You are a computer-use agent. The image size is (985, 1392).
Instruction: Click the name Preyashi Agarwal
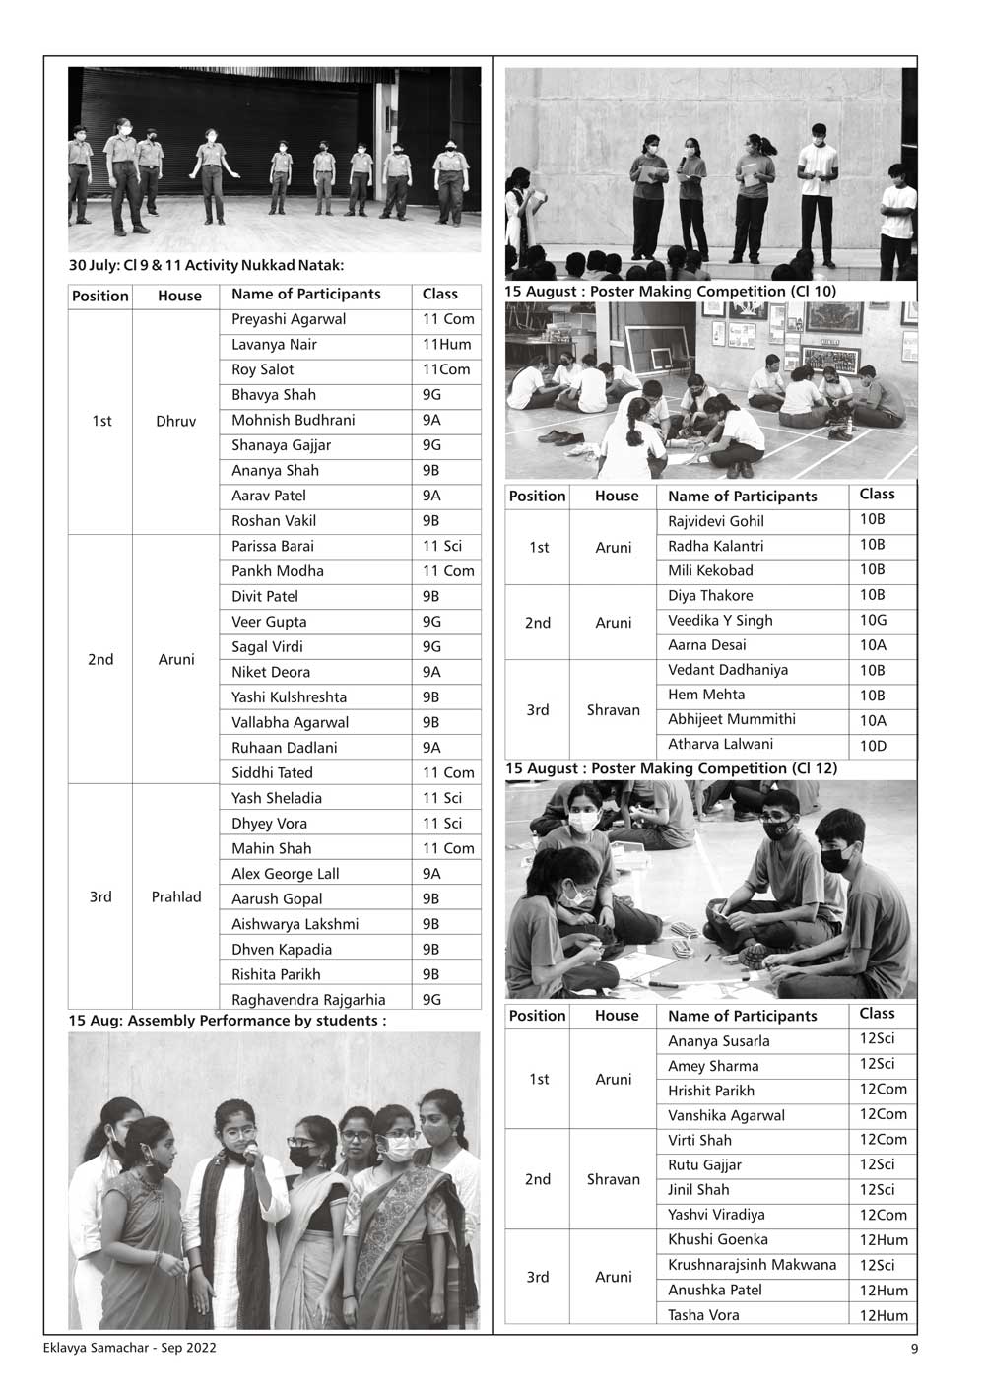[x=289, y=319]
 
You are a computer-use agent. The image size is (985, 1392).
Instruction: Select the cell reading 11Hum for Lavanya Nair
[x=446, y=345]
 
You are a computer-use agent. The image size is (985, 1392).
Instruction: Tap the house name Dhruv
[x=176, y=422]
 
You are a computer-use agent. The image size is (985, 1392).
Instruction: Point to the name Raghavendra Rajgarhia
[x=308, y=1000]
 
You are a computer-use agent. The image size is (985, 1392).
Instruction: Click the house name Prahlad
[x=176, y=897]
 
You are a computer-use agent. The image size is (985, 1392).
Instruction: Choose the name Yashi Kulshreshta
[x=289, y=697]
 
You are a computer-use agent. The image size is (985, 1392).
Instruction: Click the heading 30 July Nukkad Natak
[x=206, y=265]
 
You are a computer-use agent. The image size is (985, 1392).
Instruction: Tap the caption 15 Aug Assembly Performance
[x=227, y=1021]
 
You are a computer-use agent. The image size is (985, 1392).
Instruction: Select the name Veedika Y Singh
[x=720, y=621]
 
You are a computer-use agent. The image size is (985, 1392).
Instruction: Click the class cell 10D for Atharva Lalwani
[x=873, y=746]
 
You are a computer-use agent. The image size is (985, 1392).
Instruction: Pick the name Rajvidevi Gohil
[x=716, y=521]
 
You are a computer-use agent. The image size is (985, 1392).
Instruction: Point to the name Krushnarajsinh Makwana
[x=752, y=1265]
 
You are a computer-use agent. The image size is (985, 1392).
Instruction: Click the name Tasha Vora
[x=703, y=1315]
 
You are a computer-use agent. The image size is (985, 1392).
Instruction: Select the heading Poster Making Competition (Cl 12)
[x=671, y=768]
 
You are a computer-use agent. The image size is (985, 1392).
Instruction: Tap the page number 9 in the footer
[x=914, y=1350]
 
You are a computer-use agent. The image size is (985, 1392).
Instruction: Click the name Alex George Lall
[x=285, y=874]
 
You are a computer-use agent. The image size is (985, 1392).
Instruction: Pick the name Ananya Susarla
[x=719, y=1041]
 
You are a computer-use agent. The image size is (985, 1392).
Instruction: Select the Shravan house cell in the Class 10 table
[x=613, y=710]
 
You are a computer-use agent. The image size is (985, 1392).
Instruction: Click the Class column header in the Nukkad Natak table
[x=440, y=295]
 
